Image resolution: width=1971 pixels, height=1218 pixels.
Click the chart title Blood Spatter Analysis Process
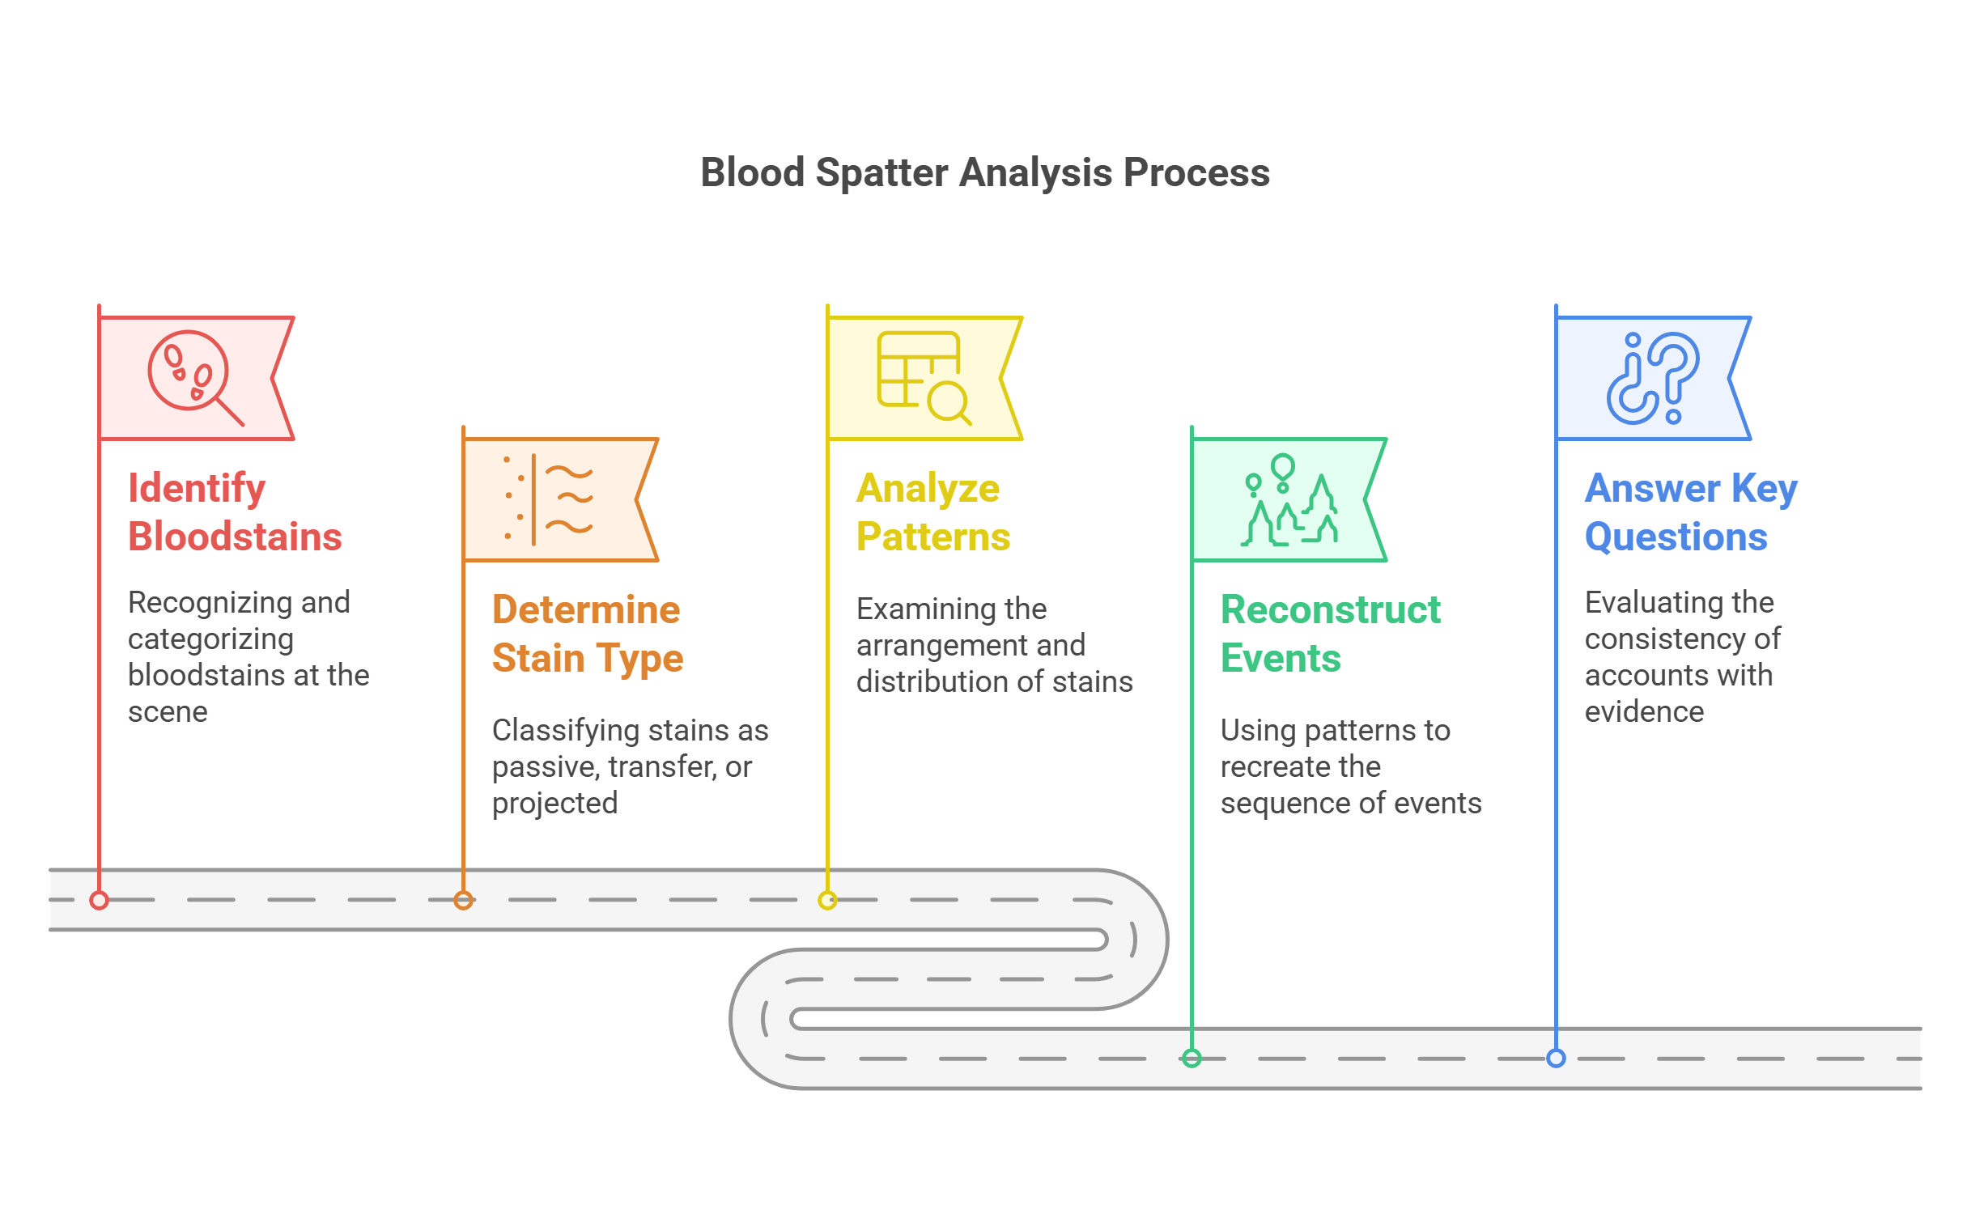984,172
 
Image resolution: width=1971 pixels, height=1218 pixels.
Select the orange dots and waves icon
549,499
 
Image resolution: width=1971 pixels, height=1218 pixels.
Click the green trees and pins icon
1289,500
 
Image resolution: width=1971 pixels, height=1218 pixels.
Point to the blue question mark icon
1652,377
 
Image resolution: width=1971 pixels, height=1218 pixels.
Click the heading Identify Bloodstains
235,512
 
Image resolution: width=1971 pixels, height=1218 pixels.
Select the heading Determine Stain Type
588,634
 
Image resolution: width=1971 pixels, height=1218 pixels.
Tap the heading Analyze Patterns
932,512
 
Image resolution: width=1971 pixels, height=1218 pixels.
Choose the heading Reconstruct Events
1330,634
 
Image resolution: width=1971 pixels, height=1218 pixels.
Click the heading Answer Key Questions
1690,512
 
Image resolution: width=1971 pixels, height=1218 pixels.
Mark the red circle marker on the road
100,900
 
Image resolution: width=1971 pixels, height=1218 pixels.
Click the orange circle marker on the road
463,900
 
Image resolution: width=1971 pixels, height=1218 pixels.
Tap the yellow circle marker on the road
827,900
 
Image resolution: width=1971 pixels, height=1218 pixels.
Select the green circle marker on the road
1192,1058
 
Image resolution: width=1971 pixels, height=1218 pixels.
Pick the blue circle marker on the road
1556,1058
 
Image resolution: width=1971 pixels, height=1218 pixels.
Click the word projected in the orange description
554,804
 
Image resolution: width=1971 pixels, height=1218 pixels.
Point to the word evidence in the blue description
1644,712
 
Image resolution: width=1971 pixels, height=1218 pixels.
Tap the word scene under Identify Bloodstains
168,712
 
